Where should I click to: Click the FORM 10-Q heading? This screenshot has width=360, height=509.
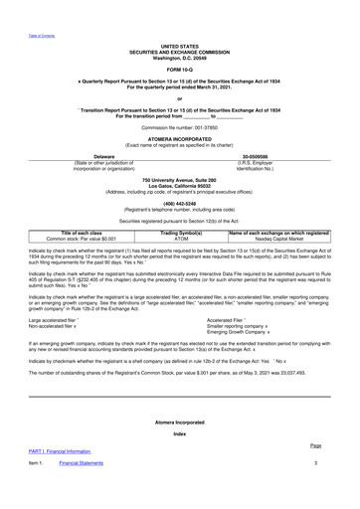point(179,69)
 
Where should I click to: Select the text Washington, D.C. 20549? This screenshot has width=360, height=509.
point(179,56)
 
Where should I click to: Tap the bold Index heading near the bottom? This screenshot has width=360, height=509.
point(179,461)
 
